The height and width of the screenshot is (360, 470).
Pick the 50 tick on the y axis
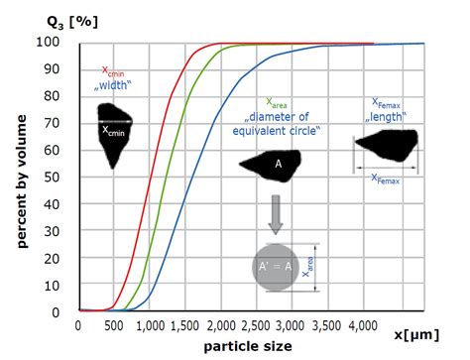click(58, 177)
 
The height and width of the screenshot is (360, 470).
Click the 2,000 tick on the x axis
click(220, 324)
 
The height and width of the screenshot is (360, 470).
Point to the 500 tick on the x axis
click(114, 324)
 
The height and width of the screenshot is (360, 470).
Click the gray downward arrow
click(277, 207)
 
